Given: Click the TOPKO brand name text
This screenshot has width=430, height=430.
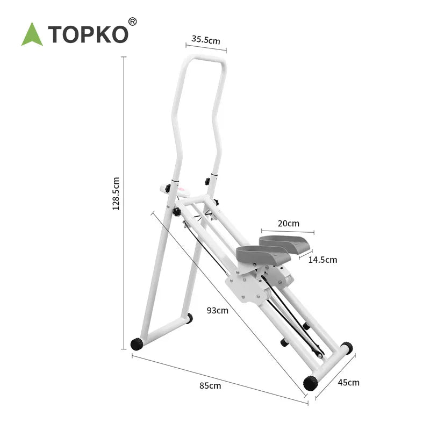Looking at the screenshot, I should [x=89, y=34].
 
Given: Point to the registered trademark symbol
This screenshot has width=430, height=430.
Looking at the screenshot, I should [x=133, y=21].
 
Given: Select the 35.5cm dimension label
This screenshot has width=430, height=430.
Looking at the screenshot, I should [x=206, y=40].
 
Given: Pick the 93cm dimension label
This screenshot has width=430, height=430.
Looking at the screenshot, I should [x=218, y=310].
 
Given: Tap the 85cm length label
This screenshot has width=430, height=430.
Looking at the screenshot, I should [x=210, y=385].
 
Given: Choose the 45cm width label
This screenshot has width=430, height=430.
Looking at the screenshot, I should [x=348, y=383].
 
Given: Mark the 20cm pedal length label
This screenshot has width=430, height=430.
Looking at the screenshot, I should [x=289, y=223].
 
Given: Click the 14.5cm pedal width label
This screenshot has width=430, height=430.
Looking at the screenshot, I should [x=322, y=260].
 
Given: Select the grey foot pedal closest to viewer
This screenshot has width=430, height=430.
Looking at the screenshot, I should [x=256, y=254].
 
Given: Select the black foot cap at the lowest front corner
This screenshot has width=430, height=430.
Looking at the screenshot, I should [x=310, y=383].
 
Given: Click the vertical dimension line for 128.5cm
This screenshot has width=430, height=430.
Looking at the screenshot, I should [x=124, y=204].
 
